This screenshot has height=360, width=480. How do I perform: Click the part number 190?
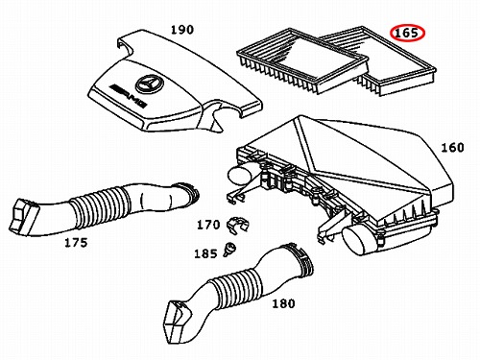point(182,30)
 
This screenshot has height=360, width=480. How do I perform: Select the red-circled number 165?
point(407,33)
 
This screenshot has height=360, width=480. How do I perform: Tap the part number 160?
point(452,148)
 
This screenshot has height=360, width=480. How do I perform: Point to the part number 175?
point(76,243)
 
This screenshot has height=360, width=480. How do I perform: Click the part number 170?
point(208,225)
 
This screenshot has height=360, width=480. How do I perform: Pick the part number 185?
point(205,253)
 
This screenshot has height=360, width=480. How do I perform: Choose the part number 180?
point(283,303)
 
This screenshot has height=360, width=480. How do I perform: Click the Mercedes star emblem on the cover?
point(150,84)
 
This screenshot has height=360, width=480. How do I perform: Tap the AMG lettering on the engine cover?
point(128,95)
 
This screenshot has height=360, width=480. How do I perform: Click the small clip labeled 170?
point(237,225)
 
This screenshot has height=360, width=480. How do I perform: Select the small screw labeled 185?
point(229,249)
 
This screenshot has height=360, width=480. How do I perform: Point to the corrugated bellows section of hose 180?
point(236,289)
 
